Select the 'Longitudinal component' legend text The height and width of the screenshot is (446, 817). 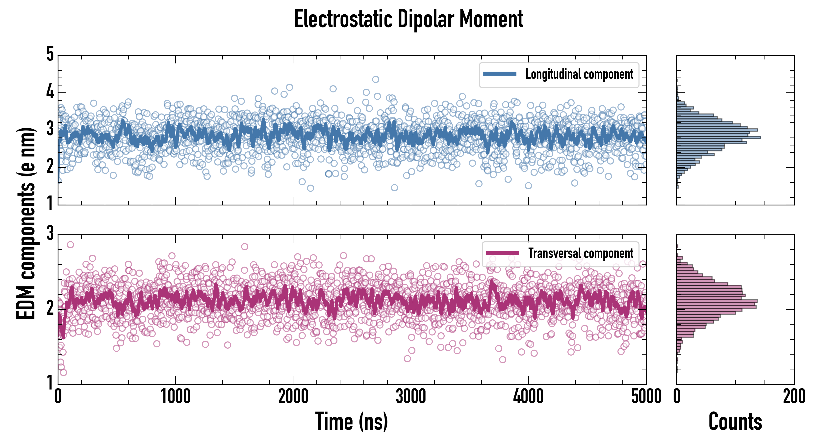point(579,74)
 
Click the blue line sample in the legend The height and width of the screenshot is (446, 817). point(500,74)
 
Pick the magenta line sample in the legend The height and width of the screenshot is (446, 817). point(502,253)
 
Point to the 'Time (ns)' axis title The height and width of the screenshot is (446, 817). point(351,421)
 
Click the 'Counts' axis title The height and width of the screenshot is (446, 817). point(735,421)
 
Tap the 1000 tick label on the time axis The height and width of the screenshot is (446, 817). point(175,397)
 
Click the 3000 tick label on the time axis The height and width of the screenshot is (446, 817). point(411,397)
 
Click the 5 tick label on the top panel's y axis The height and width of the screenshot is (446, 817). point(50,54)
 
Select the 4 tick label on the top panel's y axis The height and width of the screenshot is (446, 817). point(50,92)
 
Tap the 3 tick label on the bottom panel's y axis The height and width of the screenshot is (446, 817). point(50,234)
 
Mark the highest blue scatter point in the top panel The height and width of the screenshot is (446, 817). point(376,79)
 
